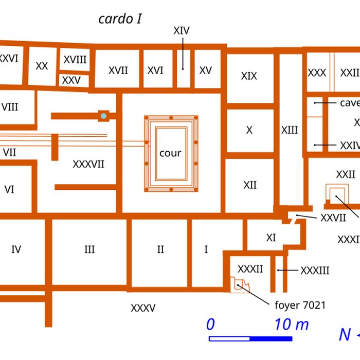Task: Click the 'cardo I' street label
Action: pyautogui.click(x=120, y=20)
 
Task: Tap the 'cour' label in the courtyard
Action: pyautogui.click(x=170, y=153)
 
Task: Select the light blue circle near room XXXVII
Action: pyautogui.click(x=104, y=116)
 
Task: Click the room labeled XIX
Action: pyautogui.click(x=249, y=76)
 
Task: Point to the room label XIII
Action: pyautogui.click(x=290, y=130)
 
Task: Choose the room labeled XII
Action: pyautogui.click(x=250, y=185)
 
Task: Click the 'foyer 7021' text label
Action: pyautogui.click(x=300, y=305)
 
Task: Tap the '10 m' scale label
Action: pyautogui.click(x=292, y=325)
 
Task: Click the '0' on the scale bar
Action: pyautogui.click(x=210, y=325)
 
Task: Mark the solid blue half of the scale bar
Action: pyautogui.click(x=271, y=338)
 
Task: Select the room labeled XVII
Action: pyautogui.click(x=118, y=70)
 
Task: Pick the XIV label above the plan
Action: pyautogui.click(x=182, y=31)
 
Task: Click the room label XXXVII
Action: pyautogui.click(x=88, y=164)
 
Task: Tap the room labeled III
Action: pyautogui.click(x=89, y=249)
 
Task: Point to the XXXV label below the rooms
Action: pyautogui.click(x=143, y=309)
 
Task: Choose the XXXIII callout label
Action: pyautogui.click(x=315, y=271)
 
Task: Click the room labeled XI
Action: pyautogui.click(x=271, y=238)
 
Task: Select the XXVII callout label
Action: pyautogui.click(x=333, y=218)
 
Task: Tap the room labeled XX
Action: pyautogui.click(x=42, y=66)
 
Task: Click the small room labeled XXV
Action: pyautogui.click(x=71, y=80)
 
